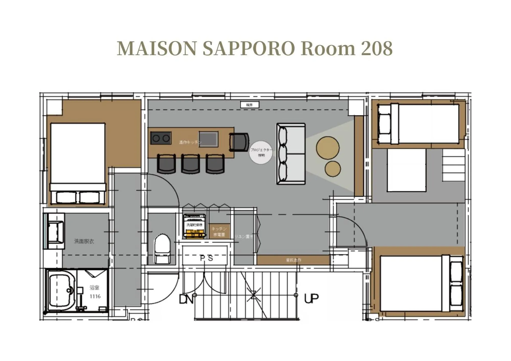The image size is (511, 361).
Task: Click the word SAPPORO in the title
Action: click(249, 48)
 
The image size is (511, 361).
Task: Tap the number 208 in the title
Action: click(376, 48)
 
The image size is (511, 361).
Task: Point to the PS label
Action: click(206, 258)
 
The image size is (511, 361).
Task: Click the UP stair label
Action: click(311, 298)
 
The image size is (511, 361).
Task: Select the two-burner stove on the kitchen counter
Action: click(161, 138)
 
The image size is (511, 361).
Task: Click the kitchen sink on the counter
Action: click(209, 139)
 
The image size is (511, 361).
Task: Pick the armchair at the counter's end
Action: click(239, 142)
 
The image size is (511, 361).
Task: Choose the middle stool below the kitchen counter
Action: click(190, 164)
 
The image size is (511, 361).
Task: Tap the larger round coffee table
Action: click(327, 148)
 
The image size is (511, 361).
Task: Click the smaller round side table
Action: click(333, 169)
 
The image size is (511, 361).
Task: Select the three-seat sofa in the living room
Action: click(291, 154)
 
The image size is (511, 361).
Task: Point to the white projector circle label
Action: click(261, 152)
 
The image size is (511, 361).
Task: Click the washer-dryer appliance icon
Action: click(194, 226)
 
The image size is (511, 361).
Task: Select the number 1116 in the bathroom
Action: click(95, 296)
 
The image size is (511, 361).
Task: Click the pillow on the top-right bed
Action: click(384, 124)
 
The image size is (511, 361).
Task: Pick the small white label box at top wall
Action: click(249, 105)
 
